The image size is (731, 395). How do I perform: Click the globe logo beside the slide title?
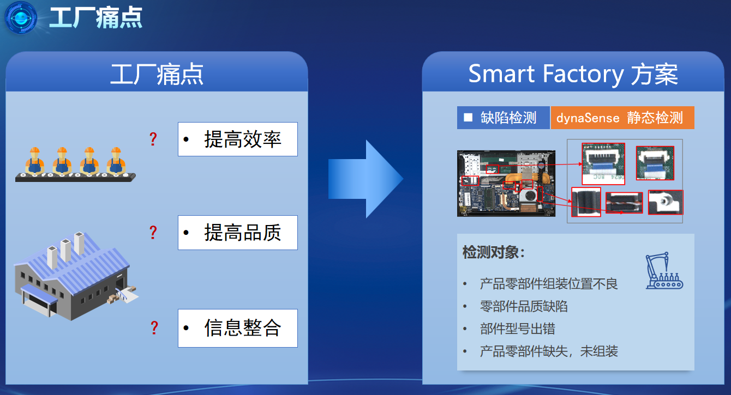(21, 17)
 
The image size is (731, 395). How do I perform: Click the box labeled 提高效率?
(238, 139)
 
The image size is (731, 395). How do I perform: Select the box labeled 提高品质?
(238, 233)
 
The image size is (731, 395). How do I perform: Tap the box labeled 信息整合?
(238, 328)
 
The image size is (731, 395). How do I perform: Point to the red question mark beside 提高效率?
(153, 139)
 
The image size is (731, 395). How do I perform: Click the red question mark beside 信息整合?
(154, 328)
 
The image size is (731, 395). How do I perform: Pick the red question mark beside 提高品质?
(153, 233)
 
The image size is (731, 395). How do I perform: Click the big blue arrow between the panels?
(366, 179)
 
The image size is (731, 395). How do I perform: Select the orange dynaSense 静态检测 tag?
(622, 118)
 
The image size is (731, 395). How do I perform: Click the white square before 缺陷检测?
(468, 117)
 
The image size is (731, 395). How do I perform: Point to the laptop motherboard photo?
(506, 184)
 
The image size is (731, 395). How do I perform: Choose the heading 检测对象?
(493, 252)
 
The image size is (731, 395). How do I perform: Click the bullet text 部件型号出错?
(518, 329)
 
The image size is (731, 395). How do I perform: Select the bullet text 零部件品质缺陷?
(524, 306)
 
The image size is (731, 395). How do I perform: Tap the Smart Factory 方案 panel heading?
(573, 74)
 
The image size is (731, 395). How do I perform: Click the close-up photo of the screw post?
(666, 202)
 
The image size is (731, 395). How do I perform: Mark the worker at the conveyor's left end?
(35, 161)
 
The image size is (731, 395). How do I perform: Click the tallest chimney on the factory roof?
(79, 243)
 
